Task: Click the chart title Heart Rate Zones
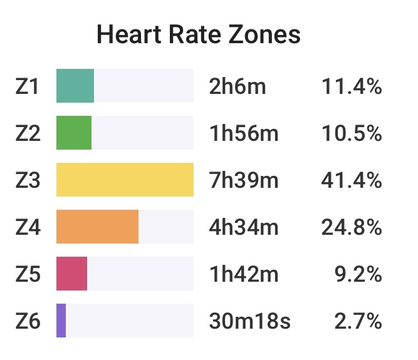pyautogui.click(x=199, y=35)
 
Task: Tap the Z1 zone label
pyautogui.click(x=28, y=86)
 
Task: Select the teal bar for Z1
pyautogui.click(x=75, y=86)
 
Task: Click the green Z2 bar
pyautogui.click(x=74, y=133)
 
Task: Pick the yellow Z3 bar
pyautogui.click(x=125, y=180)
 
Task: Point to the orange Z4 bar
pyautogui.click(x=97, y=227)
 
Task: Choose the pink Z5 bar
pyautogui.click(x=71, y=274)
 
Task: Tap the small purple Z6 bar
pyautogui.click(x=61, y=321)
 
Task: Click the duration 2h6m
pyautogui.click(x=238, y=86)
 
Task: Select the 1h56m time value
pyautogui.click(x=244, y=133)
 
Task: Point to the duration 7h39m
pyautogui.click(x=244, y=180)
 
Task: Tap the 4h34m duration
pyautogui.click(x=244, y=227)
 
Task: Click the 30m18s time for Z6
pyautogui.click(x=249, y=321)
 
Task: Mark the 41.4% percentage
pyautogui.click(x=352, y=180)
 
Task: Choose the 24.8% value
pyautogui.click(x=352, y=227)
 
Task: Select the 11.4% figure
pyautogui.click(x=352, y=86)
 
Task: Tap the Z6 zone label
pyautogui.click(x=28, y=321)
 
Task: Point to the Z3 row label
pyautogui.click(x=28, y=180)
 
